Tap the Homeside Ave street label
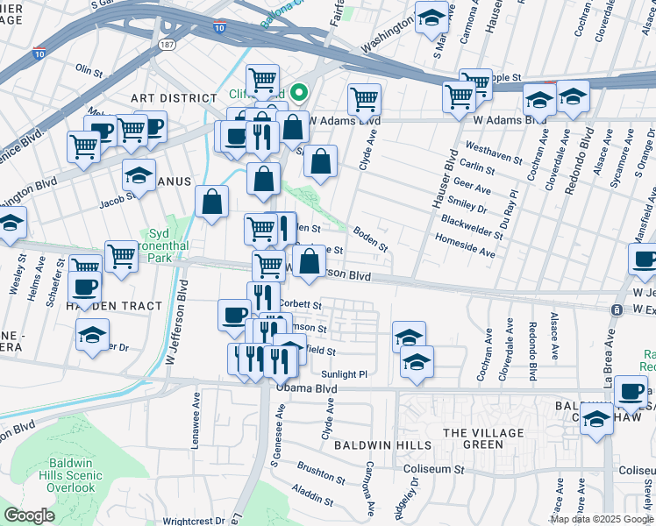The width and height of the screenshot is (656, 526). tap(467, 250)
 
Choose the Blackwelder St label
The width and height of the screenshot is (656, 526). tap(471, 227)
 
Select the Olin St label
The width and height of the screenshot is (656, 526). tap(89, 68)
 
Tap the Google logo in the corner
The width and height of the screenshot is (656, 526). tap(29, 515)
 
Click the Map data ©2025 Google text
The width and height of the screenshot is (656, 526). tap(602, 519)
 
